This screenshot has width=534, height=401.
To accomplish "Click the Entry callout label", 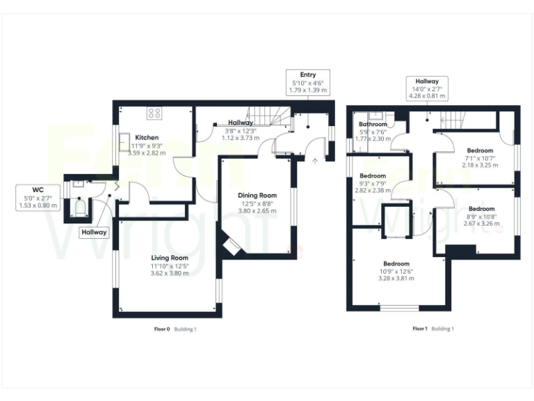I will pyautogui.click(x=307, y=82).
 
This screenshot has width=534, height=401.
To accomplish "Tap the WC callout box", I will pyautogui.click(x=38, y=198).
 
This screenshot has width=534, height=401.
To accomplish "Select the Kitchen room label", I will pyautogui.click(x=147, y=137).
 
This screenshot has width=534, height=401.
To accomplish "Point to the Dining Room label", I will pyautogui.click(x=257, y=196).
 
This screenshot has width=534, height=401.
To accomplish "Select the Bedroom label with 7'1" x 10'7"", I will pyautogui.click(x=480, y=151).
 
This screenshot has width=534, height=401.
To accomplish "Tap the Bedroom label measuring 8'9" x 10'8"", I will pyautogui.click(x=481, y=209).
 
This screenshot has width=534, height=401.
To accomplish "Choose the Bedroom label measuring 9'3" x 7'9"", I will pyautogui.click(x=373, y=176).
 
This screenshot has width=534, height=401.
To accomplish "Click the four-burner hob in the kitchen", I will pyautogui.click(x=154, y=112).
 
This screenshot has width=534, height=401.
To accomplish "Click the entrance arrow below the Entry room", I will pyautogui.click(x=316, y=162).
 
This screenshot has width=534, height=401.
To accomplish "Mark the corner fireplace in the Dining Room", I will pyautogui.click(x=232, y=246).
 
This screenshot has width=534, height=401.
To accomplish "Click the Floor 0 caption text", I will pyautogui.click(x=161, y=329).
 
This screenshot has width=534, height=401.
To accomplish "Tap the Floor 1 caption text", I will pyautogui.click(x=420, y=329).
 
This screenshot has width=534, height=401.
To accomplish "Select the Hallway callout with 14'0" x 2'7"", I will pyautogui.click(x=427, y=88).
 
